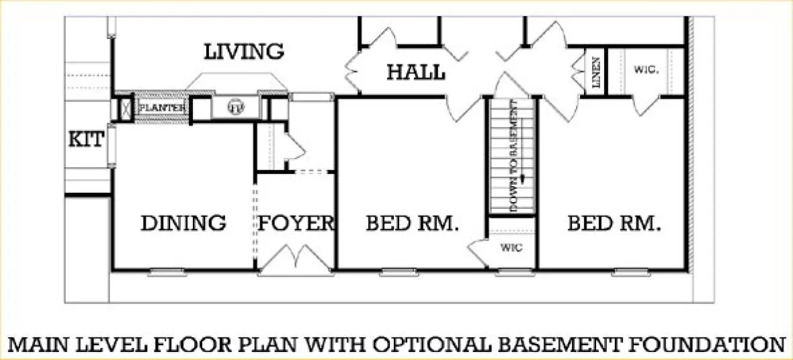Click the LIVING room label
[244, 51]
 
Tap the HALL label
[415, 72]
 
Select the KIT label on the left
[87, 140]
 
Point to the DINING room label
[183, 223]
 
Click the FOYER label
[296, 223]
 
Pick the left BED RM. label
[412, 223]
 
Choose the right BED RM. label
[614, 223]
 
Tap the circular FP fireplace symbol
[235, 107]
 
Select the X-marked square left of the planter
[124, 108]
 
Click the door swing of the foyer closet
[294, 144]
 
